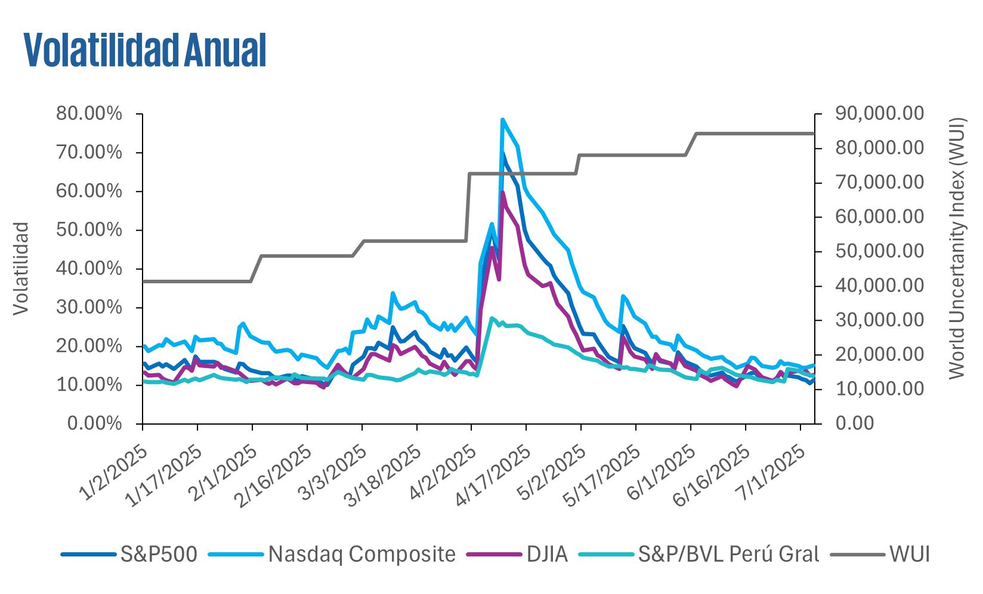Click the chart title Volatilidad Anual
[x=145, y=50]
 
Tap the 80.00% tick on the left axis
[x=89, y=114]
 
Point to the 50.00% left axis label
[x=89, y=230]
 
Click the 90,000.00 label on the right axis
[x=880, y=114]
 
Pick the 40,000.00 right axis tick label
[x=880, y=286]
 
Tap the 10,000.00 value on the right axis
[x=880, y=389]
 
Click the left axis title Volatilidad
[x=21, y=268]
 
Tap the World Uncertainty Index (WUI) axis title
[x=957, y=247]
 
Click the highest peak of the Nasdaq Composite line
[x=502, y=119]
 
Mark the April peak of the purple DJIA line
[x=503, y=192]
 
